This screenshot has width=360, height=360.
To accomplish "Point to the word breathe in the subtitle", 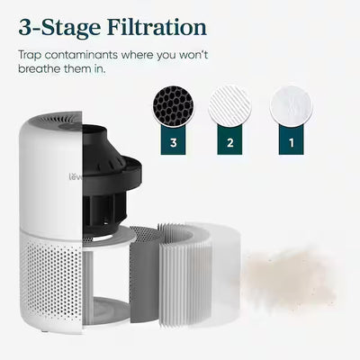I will coord(38,70).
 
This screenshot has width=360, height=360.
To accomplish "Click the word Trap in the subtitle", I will coord(28,55).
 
